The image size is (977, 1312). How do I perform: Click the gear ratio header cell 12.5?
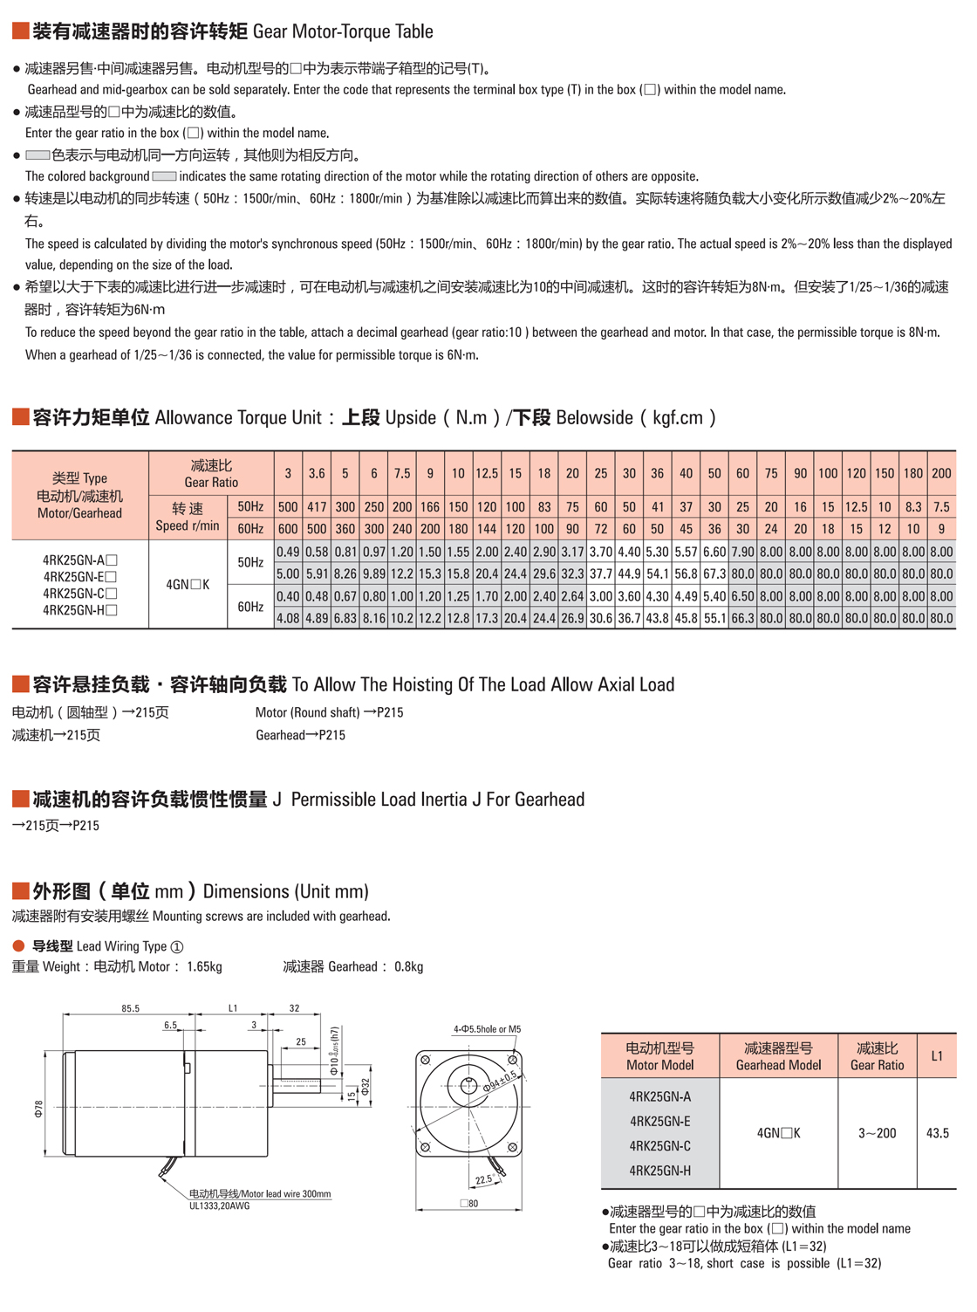pyautogui.click(x=487, y=473)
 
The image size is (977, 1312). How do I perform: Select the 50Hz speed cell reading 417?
pyautogui.click(x=317, y=506)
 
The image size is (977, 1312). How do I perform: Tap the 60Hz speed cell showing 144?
pyautogui.click(x=487, y=529)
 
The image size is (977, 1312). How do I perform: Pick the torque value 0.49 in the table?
pyautogui.click(x=288, y=552)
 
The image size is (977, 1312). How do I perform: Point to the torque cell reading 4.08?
pyautogui.click(x=288, y=618)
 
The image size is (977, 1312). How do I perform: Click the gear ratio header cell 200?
pyautogui.click(x=941, y=473)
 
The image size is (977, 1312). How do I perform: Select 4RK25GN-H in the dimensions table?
pyautogui.click(x=659, y=1171)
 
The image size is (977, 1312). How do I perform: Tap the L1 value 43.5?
pyautogui.click(x=938, y=1133)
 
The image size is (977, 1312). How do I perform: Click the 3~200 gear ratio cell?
pyautogui.click(x=877, y=1133)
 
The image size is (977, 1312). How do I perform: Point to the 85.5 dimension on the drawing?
pyautogui.click(x=130, y=1008)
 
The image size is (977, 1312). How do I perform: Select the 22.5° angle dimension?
pyautogui.click(x=484, y=1179)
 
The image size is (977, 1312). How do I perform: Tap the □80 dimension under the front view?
pyautogui.click(x=469, y=1204)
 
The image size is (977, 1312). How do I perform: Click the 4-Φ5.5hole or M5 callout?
pyautogui.click(x=487, y=1029)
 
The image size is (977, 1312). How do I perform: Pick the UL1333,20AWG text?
pyautogui.click(x=220, y=1206)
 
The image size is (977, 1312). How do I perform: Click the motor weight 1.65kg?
pyautogui.click(x=204, y=966)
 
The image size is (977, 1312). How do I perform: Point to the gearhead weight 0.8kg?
pyautogui.click(x=408, y=966)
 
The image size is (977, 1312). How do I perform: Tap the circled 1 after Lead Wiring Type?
pyautogui.click(x=177, y=946)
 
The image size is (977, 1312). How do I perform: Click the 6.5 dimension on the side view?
pyautogui.click(x=170, y=1026)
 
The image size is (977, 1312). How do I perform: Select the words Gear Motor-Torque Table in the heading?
pyautogui.click(x=343, y=32)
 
